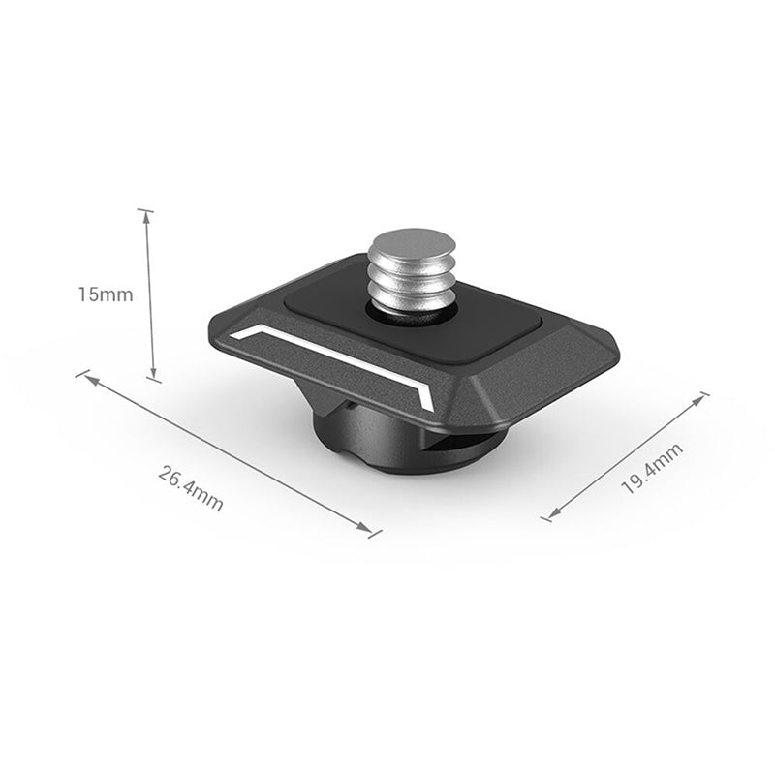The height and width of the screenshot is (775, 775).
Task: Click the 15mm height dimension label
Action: click(106, 294)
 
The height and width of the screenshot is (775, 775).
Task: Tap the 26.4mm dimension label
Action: click(191, 488)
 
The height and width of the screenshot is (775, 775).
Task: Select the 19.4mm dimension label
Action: click(652, 468)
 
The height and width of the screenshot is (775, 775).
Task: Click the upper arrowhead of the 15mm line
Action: click(146, 219)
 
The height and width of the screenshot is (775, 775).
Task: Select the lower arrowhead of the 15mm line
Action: click(153, 373)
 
